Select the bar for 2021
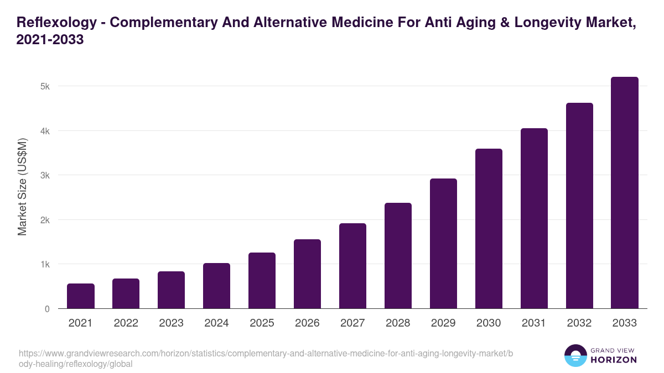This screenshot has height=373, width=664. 81,296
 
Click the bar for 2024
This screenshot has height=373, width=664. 216,286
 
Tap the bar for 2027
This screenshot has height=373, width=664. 352,266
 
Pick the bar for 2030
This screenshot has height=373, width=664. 489,229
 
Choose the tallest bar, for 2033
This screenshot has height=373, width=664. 625,193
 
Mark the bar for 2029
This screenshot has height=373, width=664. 443,244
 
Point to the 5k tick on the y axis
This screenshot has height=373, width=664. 45,87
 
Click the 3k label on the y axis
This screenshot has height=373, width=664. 45,176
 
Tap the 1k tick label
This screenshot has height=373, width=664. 45,265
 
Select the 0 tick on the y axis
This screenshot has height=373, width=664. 47,309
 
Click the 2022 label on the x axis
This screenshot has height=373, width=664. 126,323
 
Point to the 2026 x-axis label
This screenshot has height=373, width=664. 307,323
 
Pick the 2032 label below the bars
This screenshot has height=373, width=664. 579,323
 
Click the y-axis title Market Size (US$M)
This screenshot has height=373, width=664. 22,186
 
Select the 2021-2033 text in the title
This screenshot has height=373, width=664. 50,40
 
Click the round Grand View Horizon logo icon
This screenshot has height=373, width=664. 575,355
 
